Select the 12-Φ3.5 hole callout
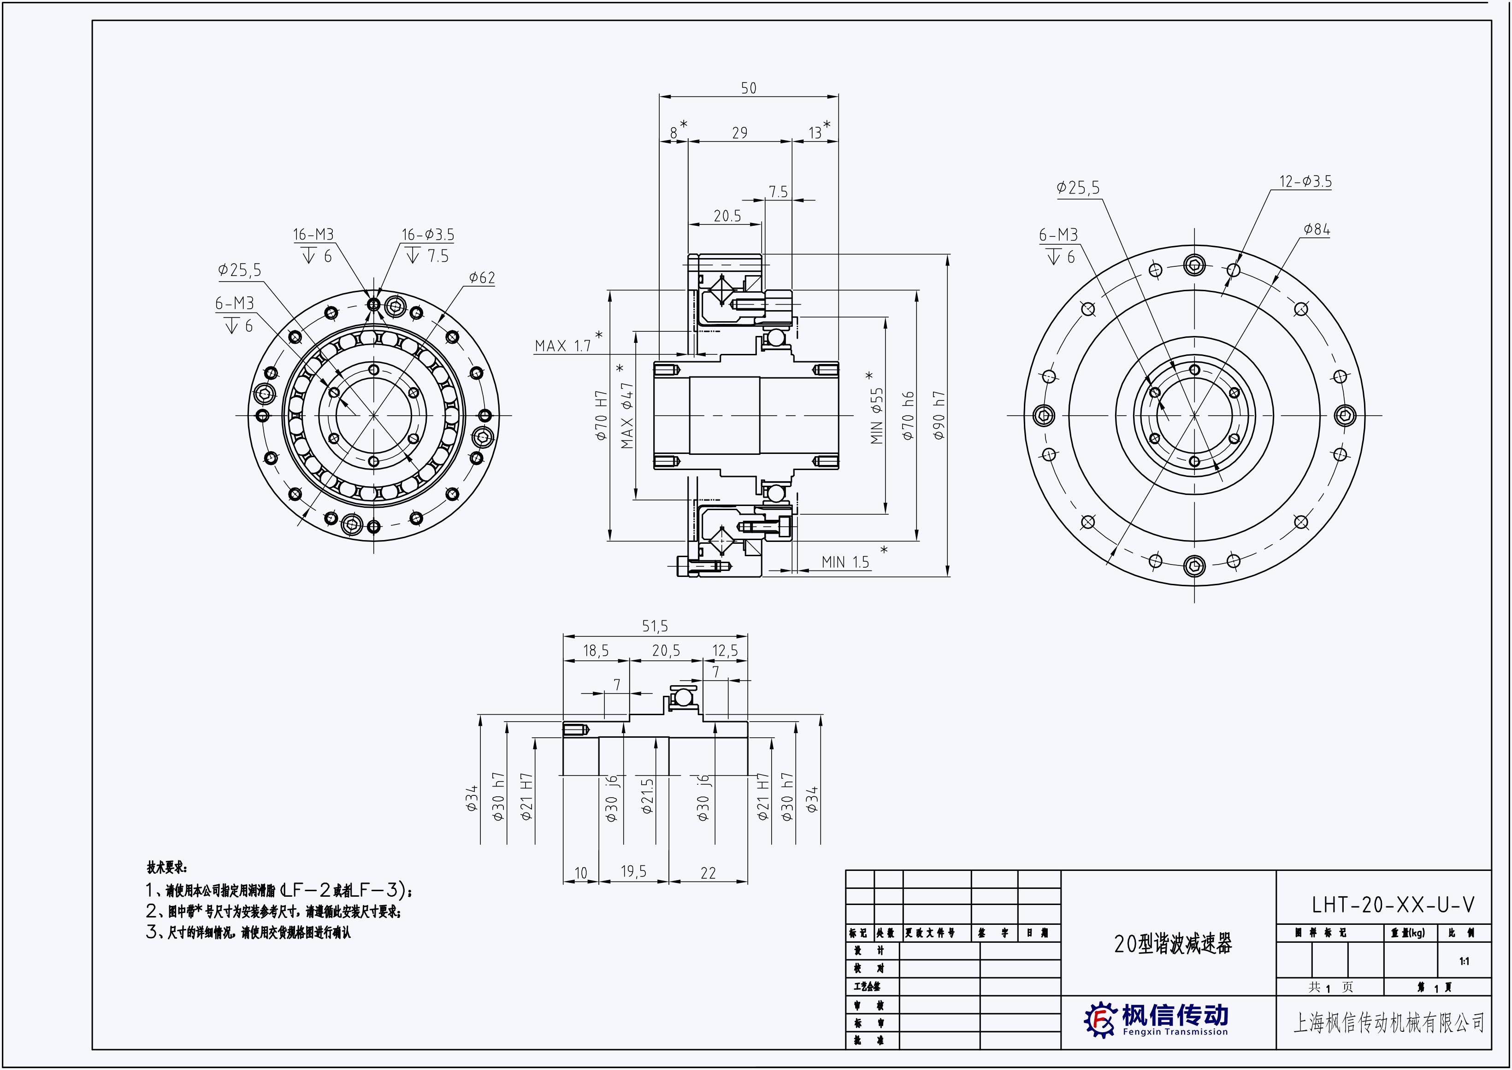click(1305, 181)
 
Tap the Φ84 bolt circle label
click(1316, 230)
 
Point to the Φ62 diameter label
click(482, 278)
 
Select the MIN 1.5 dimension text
click(845, 562)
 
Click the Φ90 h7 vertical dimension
click(939, 416)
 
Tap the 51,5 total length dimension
click(655, 626)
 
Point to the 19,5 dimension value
click(633, 872)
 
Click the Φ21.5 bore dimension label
click(647, 796)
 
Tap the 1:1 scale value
click(1464, 961)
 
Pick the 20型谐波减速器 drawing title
click(1173, 943)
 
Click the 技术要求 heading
click(167, 867)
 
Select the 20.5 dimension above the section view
click(727, 216)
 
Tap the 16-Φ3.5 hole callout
click(428, 235)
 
